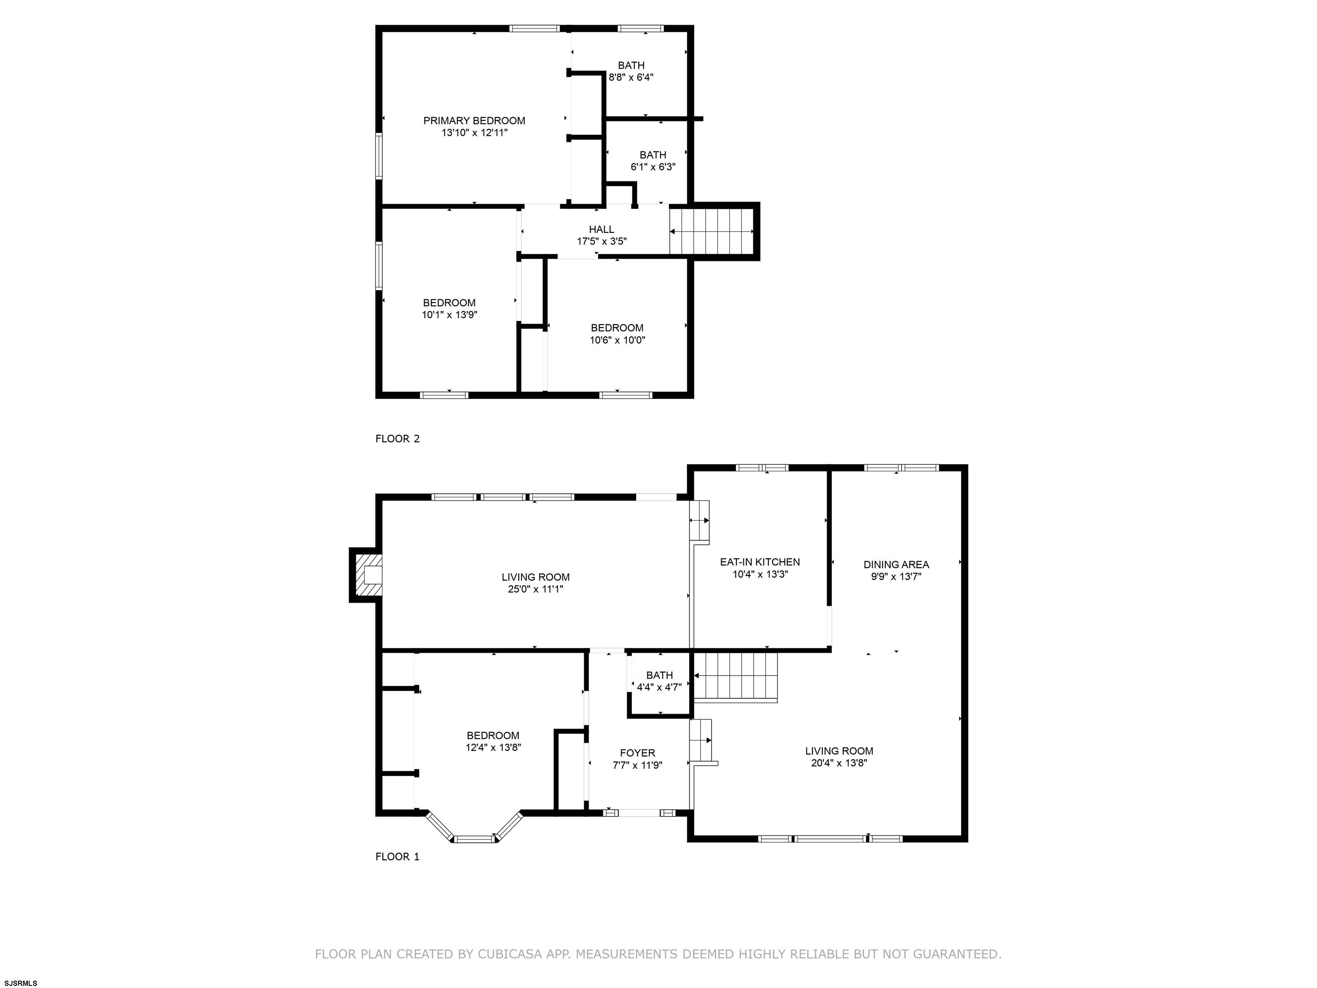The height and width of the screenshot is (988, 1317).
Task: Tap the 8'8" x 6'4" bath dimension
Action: click(631, 77)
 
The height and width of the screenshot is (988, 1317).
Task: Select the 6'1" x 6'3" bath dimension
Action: click(653, 167)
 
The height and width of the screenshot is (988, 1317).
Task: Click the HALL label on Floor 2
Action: click(601, 229)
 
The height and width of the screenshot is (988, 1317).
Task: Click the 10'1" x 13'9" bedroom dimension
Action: click(450, 314)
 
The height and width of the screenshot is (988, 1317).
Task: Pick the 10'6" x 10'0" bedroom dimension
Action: click(617, 340)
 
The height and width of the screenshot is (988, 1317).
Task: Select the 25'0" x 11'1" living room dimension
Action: click(535, 589)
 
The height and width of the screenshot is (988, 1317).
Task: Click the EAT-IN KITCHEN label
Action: click(760, 562)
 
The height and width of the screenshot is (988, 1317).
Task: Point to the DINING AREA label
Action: click(896, 565)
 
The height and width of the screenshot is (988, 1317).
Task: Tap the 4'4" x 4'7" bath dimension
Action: click(659, 687)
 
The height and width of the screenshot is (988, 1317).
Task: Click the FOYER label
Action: click(637, 753)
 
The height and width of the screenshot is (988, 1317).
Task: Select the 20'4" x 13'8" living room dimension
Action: click(839, 763)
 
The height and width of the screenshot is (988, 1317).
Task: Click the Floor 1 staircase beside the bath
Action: click(737, 677)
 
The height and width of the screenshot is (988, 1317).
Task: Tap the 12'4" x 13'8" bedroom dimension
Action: click(493, 747)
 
